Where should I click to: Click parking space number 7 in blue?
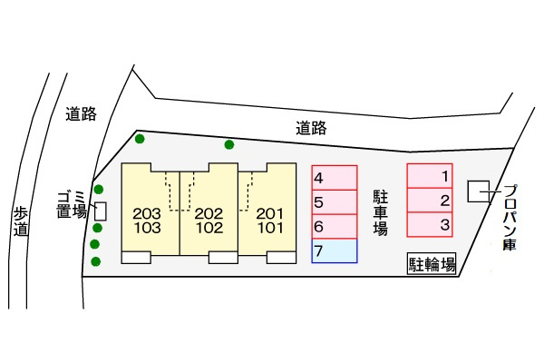coord(335,250)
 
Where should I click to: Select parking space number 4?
coord(335,178)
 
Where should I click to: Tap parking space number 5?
coord(335,202)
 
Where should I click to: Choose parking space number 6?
coord(335,227)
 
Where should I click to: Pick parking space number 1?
coord(429,176)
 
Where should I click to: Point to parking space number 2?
coord(429,201)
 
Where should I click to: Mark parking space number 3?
coord(429,224)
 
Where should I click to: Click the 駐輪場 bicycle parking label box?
coord(432,264)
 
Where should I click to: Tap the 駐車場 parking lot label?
coord(381,212)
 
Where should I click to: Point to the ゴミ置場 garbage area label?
coord(72,204)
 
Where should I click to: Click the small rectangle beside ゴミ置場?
coord(101,211)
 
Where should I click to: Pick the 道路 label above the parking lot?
coord(311,128)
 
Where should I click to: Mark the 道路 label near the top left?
coord(81,114)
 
